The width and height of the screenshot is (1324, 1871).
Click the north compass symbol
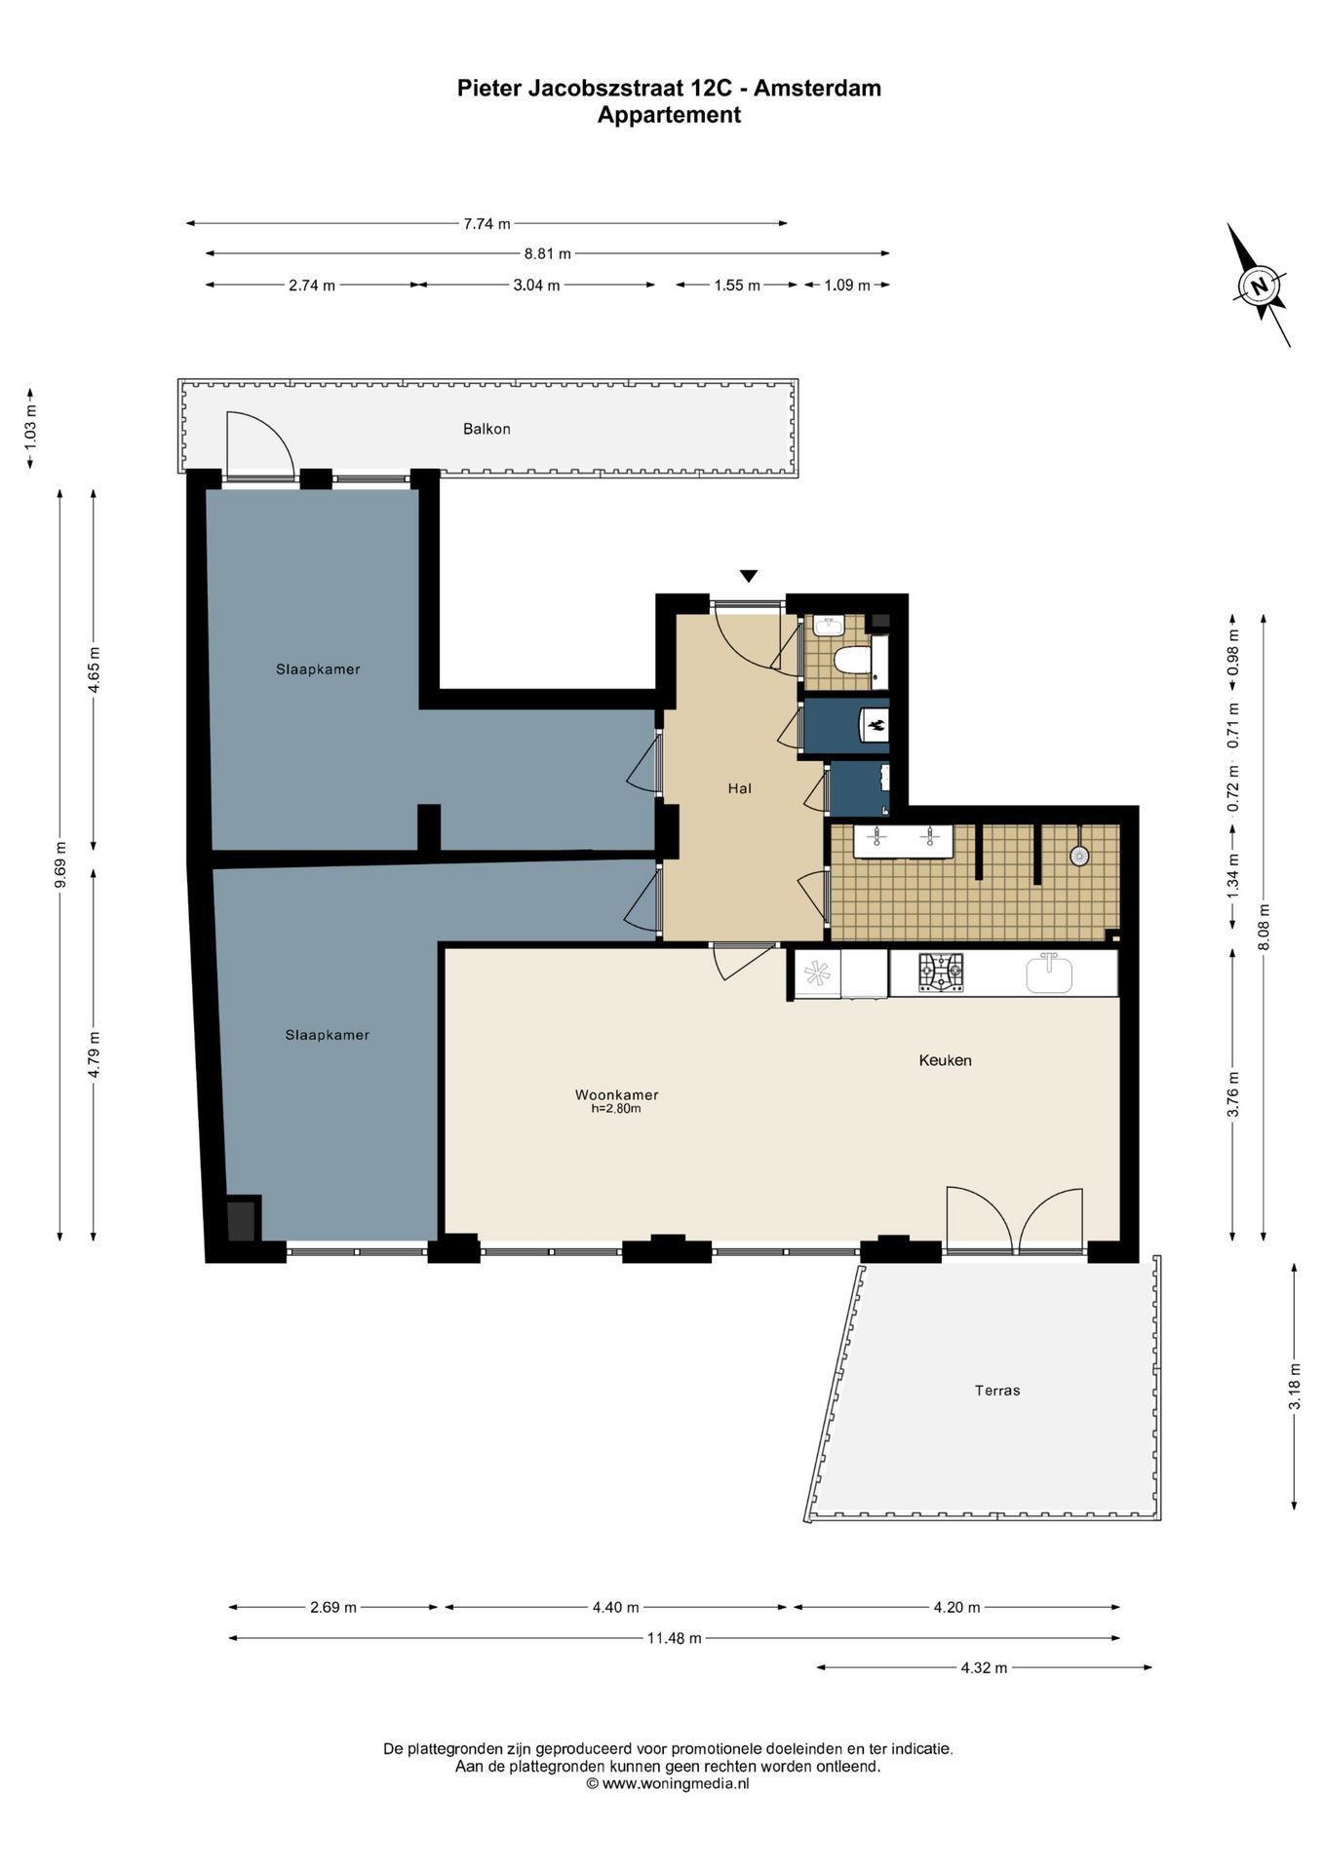tap(1259, 286)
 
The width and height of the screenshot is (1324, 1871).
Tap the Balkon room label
tap(487, 429)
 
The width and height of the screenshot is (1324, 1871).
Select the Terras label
tap(997, 1391)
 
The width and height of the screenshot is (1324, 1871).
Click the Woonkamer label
tap(616, 1094)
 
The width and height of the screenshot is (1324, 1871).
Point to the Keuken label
tap(945, 1060)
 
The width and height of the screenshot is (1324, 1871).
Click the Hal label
tap(739, 788)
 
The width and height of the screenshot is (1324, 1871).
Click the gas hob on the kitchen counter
tap(941, 974)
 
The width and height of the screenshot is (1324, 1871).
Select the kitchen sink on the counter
tap(1049, 973)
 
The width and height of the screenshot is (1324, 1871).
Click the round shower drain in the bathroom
tap(1079, 856)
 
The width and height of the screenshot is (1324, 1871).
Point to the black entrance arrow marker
tap(748, 576)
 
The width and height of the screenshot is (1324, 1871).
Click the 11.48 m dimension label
tap(674, 1638)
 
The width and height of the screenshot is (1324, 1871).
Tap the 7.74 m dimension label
tap(487, 223)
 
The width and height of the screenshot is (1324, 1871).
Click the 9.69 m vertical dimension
tap(60, 864)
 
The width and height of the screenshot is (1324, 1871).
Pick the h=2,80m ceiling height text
tap(616, 1108)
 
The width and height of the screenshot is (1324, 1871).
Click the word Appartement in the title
tap(669, 115)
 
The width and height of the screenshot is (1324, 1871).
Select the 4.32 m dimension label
tap(984, 1667)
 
